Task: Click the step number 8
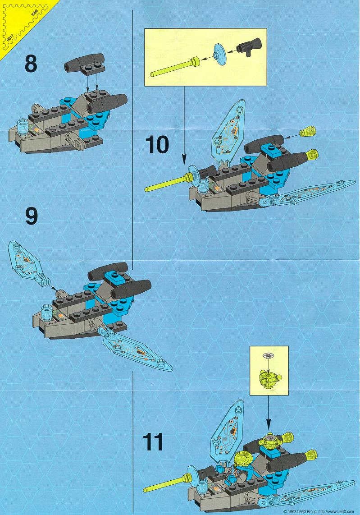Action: (x=31, y=64)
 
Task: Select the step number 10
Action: (x=157, y=144)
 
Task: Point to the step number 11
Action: (x=153, y=442)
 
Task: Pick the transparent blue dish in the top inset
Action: (x=219, y=54)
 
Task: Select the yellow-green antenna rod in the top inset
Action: (x=175, y=67)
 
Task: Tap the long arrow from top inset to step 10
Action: (x=184, y=125)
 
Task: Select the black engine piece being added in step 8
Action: (x=85, y=63)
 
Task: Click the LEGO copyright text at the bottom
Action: (x=319, y=511)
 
